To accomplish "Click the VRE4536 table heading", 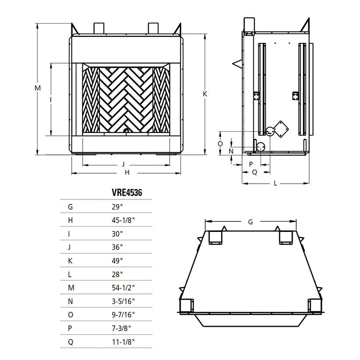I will pyautogui.click(x=127, y=192).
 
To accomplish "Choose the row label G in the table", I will pyautogui.click(x=70, y=206).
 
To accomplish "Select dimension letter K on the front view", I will pyautogui.click(x=205, y=94).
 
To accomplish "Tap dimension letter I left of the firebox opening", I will pyautogui.click(x=51, y=100).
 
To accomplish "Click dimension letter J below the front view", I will pyautogui.click(x=124, y=164).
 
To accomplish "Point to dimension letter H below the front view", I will pyautogui.click(x=127, y=173).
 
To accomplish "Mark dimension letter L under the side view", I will pyautogui.click(x=275, y=183).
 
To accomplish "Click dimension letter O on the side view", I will pyautogui.click(x=220, y=143).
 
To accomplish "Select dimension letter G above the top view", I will pyautogui.click(x=250, y=222).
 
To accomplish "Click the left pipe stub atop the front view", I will pyautogui.click(x=98, y=28).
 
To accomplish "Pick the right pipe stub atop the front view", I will pyautogui.click(x=153, y=28).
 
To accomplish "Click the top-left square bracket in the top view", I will pyautogui.click(x=215, y=238).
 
